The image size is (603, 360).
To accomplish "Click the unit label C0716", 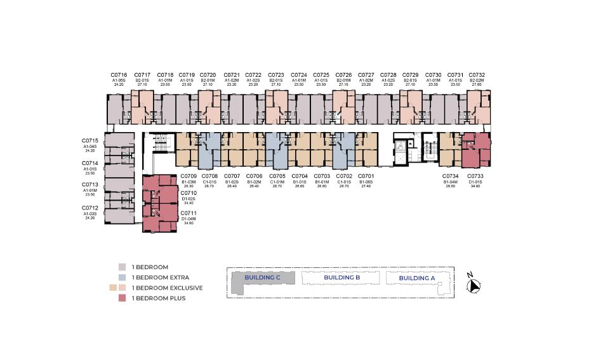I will pyautogui.click(x=119, y=75).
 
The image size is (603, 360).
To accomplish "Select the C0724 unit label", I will pyautogui.click(x=298, y=75).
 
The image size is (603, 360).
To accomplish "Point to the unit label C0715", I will pyautogui.click(x=90, y=140).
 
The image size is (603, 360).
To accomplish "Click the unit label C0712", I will pyautogui.click(x=90, y=208).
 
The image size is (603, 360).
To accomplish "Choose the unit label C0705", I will pyautogui.click(x=278, y=176).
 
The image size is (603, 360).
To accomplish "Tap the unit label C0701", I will pyautogui.click(x=367, y=176).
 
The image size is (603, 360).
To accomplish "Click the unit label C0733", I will pyautogui.click(x=476, y=176).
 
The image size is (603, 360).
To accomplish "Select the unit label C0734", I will pyautogui.click(x=451, y=176).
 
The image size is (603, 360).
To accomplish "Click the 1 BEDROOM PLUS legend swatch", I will pyautogui.click(x=123, y=298).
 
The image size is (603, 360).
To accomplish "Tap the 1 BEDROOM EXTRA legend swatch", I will pyautogui.click(x=123, y=277).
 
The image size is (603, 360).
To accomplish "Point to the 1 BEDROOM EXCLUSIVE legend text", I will pyautogui.click(x=167, y=288).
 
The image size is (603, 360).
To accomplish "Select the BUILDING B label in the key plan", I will pyautogui.click(x=342, y=277).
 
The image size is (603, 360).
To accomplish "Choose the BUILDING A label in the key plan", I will pyautogui.click(x=417, y=277).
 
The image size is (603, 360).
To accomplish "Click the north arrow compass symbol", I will pyautogui.click(x=473, y=286).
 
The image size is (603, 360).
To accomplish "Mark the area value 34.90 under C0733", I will pyautogui.click(x=476, y=186).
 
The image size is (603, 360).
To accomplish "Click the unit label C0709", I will pyautogui.click(x=189, y=176).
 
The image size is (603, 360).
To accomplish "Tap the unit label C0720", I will pyautogui.click(x=209, y=75).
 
